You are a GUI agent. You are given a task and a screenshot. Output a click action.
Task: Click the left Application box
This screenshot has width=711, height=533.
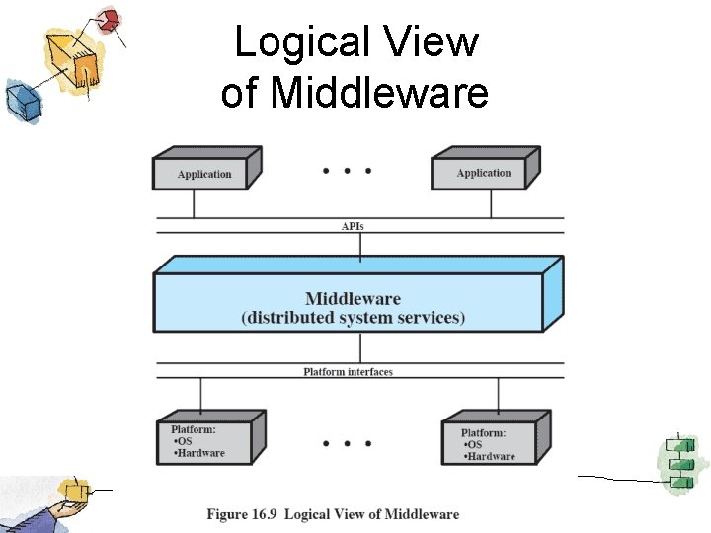[204, 174]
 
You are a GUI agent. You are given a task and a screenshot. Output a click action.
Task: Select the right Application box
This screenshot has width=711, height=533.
[484, 173]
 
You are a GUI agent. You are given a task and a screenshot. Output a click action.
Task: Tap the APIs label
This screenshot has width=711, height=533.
[353, 226]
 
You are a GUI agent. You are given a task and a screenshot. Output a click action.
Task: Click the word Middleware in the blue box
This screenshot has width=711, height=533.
[353, 299]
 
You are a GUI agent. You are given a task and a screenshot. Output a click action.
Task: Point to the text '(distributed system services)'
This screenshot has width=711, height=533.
[353, 318]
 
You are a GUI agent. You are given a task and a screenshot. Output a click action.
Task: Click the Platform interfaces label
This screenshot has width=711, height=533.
[348, 372]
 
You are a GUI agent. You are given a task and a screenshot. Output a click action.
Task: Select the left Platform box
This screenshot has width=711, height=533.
[204, 440]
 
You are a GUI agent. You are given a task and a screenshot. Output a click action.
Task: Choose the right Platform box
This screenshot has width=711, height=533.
[488, 443]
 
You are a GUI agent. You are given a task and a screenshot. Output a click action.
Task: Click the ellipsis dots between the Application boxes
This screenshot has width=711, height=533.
[347, 171]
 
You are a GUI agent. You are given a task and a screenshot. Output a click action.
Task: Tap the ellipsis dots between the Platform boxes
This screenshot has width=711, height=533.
[347, 443]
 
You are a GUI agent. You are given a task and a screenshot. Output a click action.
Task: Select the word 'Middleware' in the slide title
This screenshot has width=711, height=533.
[379, 93]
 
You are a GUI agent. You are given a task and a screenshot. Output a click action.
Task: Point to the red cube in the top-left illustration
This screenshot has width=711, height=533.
[110, 19]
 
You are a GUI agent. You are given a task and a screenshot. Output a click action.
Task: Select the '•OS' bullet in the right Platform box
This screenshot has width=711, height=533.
[477, 445]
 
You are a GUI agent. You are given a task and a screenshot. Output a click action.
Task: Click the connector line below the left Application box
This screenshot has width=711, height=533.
[194, 203]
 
